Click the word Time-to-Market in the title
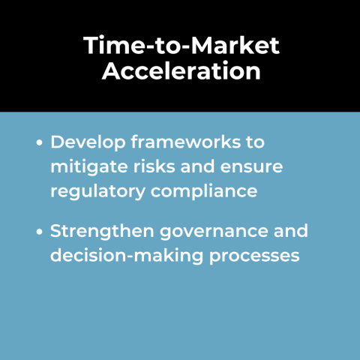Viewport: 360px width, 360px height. [x=181, y=46]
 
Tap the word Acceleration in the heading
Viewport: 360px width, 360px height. [x=181, y=72]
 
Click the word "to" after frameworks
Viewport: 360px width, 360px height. [x=256, y=141]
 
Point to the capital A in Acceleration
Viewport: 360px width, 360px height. [x=111, y=72]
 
